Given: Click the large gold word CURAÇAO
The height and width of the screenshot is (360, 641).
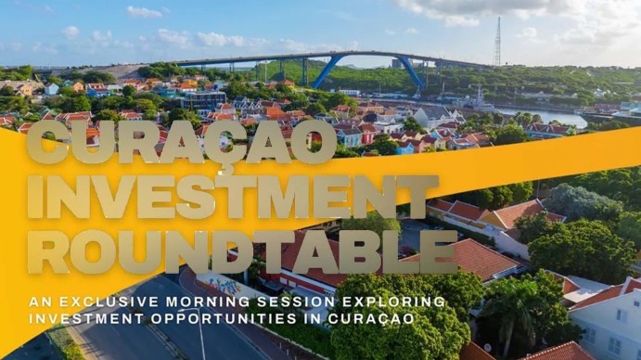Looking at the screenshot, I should [x=180, y=142].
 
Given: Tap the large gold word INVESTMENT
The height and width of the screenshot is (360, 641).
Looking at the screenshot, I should [x=219, y=197].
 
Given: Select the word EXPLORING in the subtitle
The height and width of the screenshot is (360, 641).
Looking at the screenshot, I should [x=348, y=302].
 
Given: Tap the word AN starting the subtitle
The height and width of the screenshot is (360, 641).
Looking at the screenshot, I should [x=39, y=302].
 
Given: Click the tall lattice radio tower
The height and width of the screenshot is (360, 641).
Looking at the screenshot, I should [x=497, y=42].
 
